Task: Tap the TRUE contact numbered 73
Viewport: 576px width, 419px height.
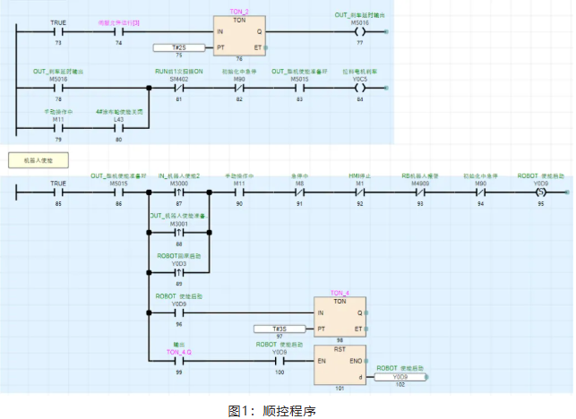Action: [58, 31]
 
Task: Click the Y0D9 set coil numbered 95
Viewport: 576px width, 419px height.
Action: [540, 192]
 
